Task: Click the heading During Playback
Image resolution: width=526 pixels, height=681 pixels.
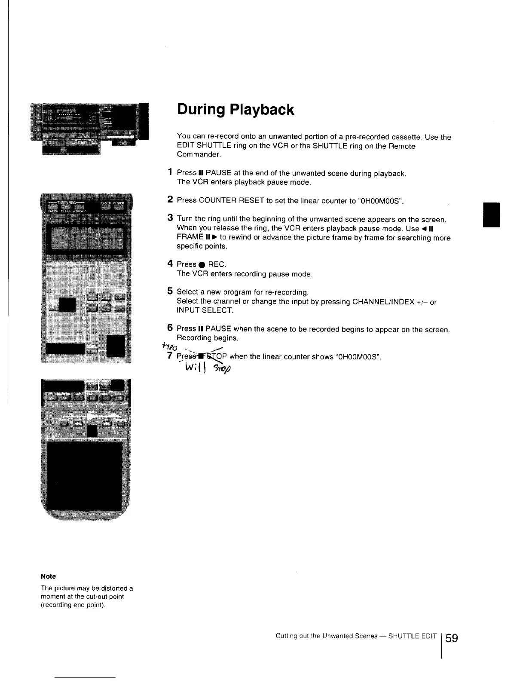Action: pos(235,110)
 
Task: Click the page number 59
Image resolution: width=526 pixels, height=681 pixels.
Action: pos(452,638)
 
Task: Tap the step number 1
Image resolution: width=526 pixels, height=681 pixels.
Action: pos(171,172)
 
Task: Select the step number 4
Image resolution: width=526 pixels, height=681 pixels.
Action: pos(171,264)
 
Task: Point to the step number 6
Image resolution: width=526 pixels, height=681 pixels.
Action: pos(171,328)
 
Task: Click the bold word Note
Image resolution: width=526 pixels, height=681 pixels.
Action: pos(48,576)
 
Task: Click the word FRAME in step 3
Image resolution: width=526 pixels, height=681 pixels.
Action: pos(190,237)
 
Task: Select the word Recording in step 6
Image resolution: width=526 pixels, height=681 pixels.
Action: pos(193,338)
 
